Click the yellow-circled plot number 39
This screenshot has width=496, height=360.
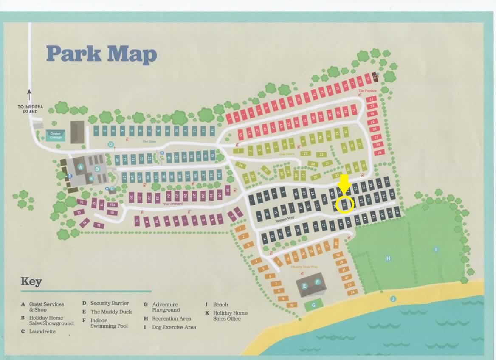click(x=345, y=205)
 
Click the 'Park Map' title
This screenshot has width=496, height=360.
click(x=101, y=54)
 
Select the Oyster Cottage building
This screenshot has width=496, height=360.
click(x=56, y=135)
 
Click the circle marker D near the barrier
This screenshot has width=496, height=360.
click(x=110, y=144)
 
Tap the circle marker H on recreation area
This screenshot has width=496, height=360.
click(x=388, y=258)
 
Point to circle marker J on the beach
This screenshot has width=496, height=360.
click(x=393, y=299)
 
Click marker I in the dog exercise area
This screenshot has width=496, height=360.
click(x=436, y=250)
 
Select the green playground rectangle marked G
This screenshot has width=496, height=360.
click(x=313, y=304)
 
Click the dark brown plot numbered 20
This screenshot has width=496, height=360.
click(x=375, y=76)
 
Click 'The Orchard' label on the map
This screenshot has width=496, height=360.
click(x=173, y=204)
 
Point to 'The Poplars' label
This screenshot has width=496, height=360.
click(x=367, y=90)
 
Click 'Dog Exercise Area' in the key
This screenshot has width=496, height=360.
click(x=174, y=327)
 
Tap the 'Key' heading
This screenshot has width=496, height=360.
click(x=31, y=281)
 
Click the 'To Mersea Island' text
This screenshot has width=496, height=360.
click(x=30, y=109)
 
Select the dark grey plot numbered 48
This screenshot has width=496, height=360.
click(x=397, y=211)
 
